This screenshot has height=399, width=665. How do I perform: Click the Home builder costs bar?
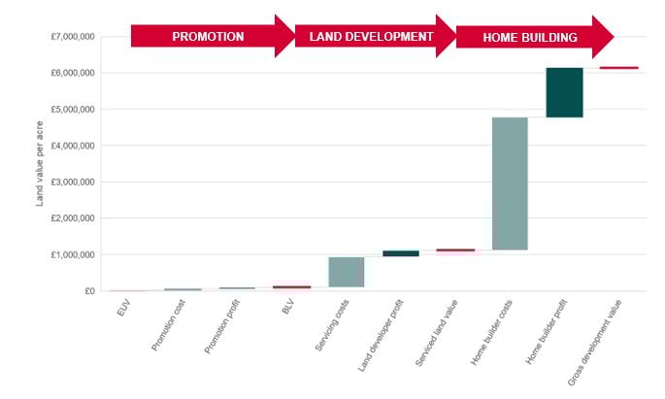[510, 183]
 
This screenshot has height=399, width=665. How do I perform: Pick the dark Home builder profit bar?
[564, 92]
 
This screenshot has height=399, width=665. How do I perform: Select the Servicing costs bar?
[347, 272]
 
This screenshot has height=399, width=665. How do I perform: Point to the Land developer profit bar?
[401, 253]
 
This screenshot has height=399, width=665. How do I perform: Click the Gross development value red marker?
[618, 68]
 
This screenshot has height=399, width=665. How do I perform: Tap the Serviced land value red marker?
[455, 250]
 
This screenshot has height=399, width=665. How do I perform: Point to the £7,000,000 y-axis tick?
[73, 37]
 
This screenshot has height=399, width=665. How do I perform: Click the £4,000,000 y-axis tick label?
[73, 146]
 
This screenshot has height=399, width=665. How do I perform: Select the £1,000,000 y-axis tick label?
[73, 254]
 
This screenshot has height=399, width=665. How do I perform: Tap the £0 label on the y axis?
[88, 291]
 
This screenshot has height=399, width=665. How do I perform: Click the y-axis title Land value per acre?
[40, 165]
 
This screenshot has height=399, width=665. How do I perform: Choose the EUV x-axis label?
[120, 313]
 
